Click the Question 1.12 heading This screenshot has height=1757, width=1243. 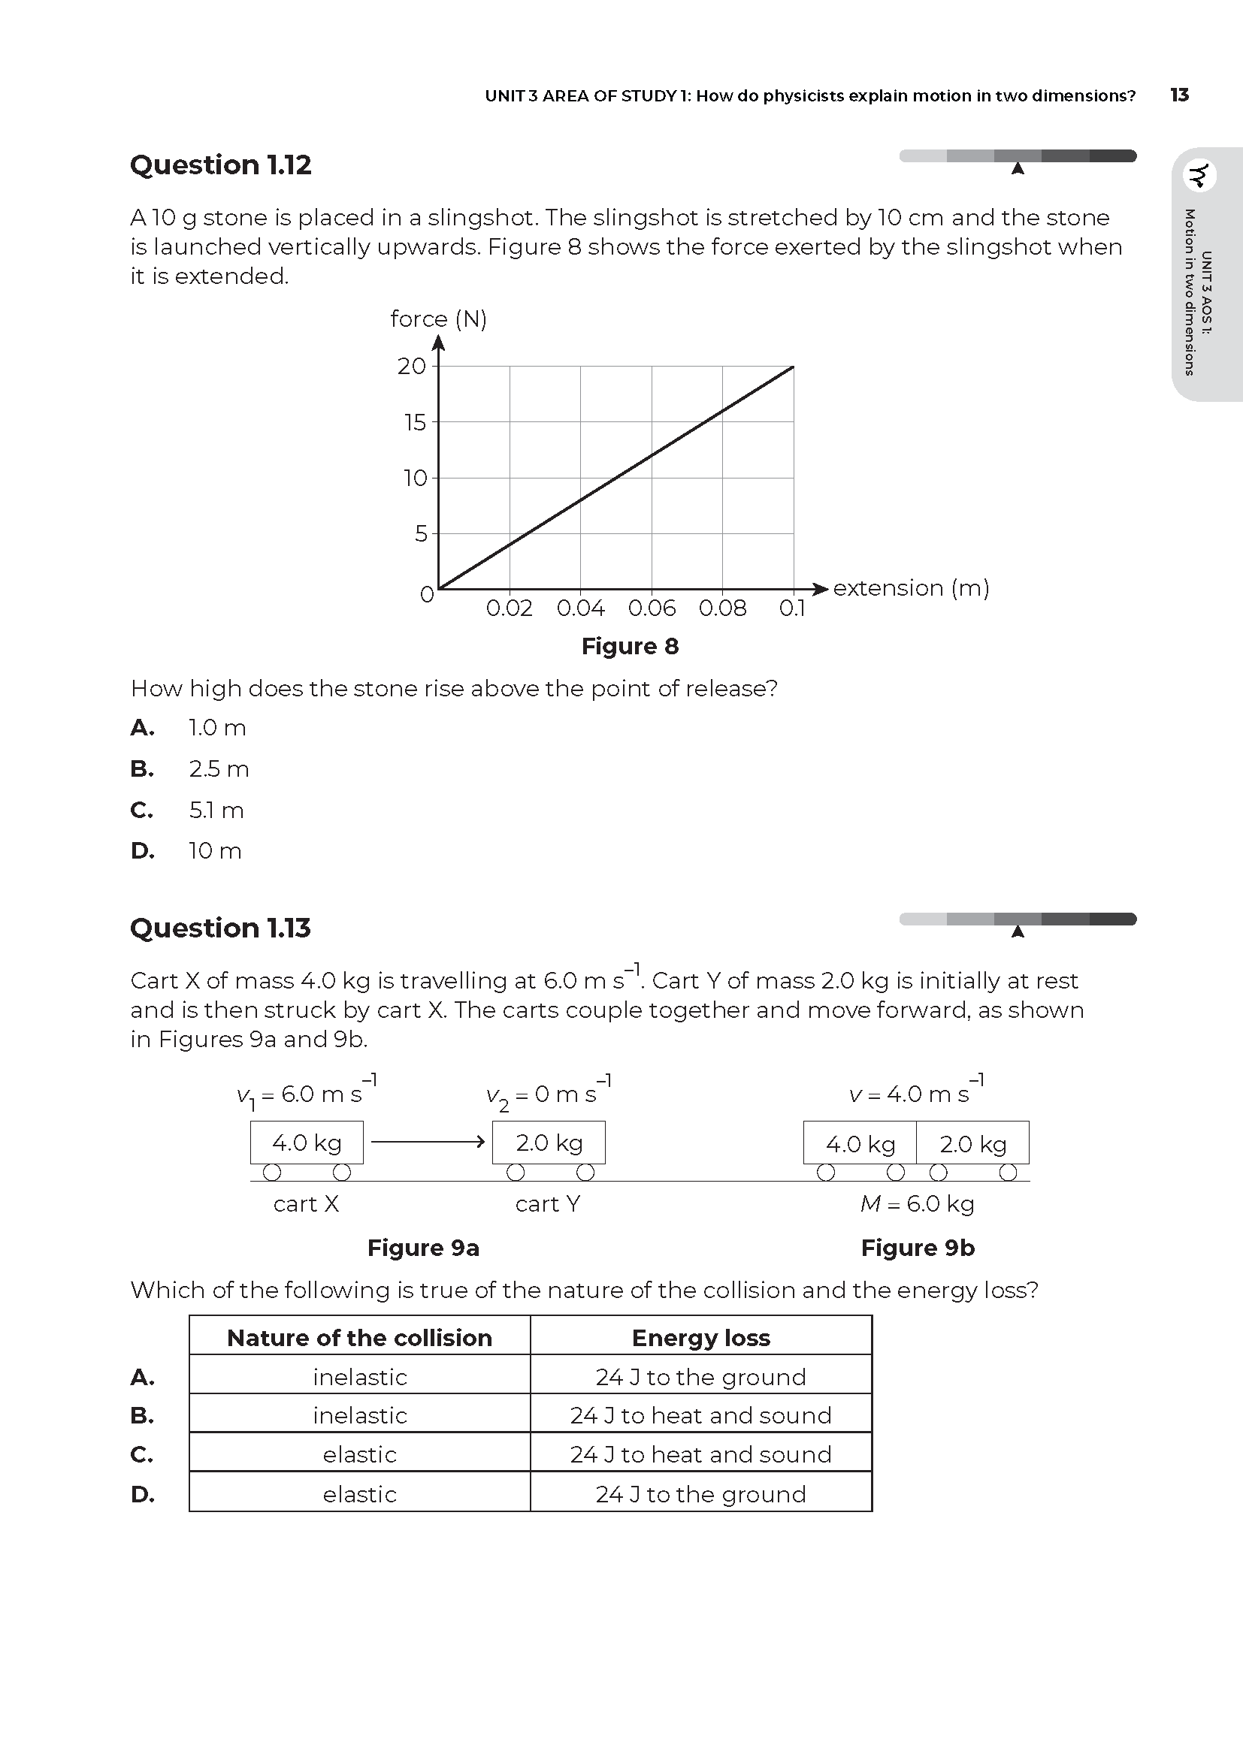[x=220, y=165]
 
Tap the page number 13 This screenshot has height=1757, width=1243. [x=1178, y=95]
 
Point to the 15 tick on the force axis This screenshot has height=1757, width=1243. [x=415, y=422]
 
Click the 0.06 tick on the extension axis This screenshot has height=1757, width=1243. [x=652, y=608]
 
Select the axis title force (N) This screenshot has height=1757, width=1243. [x=438, y=318]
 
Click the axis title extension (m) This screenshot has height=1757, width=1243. [x=911, y=587]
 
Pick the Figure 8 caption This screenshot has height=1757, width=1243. [x=629, y=646]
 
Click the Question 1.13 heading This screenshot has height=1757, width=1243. [x=220, y=928]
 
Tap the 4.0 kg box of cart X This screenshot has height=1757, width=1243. [x=306, y=1143]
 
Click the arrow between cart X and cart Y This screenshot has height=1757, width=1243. [x=427, y=1142]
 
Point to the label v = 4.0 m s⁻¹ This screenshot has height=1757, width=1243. [x=915, y=1093]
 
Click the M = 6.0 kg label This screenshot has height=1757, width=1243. [x=916, y=1203]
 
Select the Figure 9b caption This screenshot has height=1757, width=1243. [x=917, y=1248]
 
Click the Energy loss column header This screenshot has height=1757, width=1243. [x=700, y=1338]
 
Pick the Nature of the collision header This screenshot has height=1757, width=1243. [x=359, y=1338]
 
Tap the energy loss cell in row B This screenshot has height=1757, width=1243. [x=700, y=1415]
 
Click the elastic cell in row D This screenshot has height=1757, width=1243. [x=359, y=1494]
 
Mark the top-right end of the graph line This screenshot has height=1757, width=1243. [x=793, y=367]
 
